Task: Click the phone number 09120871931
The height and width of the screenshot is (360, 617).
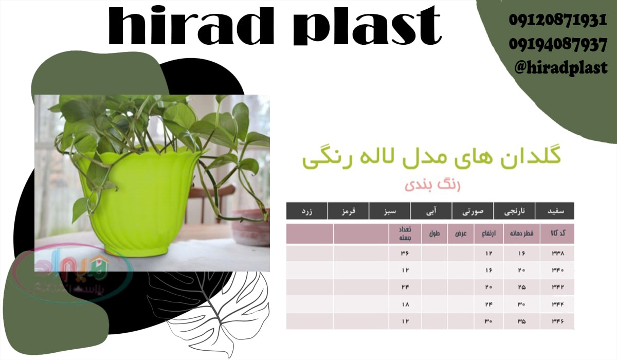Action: click(x=558, y=21)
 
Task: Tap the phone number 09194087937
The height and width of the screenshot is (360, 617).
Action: click(x=558, y=45)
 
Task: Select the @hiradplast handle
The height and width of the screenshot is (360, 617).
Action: click(x=560, y=67)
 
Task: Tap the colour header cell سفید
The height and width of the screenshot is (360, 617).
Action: click(x=554, y=211)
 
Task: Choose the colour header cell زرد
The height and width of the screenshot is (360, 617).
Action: click(x=306, y=211)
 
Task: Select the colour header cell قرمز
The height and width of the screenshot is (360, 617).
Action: click(x=348, y=211)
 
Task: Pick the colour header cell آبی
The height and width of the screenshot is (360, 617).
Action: click(x=431, y=211)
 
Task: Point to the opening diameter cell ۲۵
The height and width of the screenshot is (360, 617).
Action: click(x=521, y=287)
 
